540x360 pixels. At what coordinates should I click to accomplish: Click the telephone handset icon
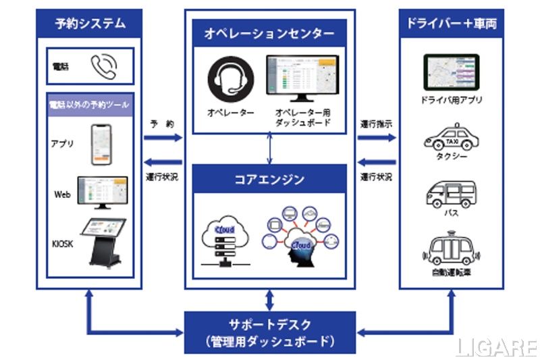[x=103, y=66]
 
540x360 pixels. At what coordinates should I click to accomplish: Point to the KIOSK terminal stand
[x=103, y=240]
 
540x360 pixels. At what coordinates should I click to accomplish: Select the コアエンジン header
[x=270, y=180]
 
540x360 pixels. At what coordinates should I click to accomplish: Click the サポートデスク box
[x=270, y=332]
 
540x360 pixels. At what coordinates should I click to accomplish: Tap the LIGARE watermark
[x=496, y=347]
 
